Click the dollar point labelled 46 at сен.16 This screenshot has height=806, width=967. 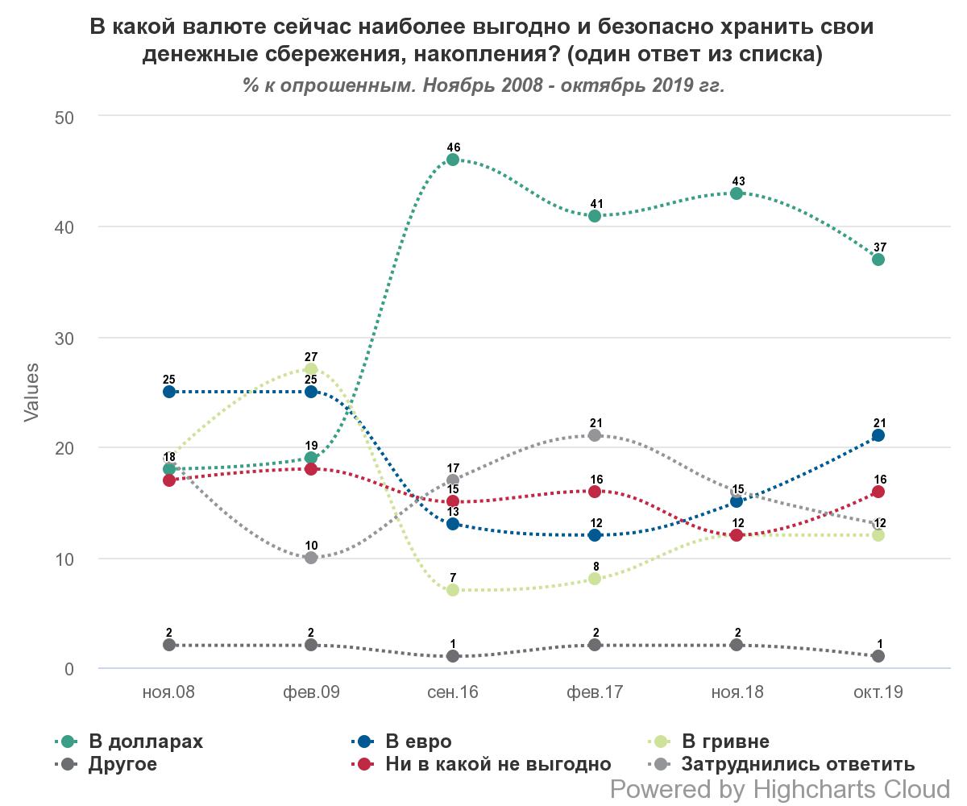(x=453, y=160)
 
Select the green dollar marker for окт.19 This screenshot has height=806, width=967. (x=878, y=260)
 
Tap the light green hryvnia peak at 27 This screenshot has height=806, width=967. (x=311, y=369)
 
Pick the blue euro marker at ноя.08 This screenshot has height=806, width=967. (x=169, y=392)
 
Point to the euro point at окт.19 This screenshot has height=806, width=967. (x=878, y=435)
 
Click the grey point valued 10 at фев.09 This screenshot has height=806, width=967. (x=311, y=558)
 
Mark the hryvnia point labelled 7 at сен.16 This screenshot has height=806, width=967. (x=453, y=590)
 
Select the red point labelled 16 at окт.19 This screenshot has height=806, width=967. (x=878, y=492)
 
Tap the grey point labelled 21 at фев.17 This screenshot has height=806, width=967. (x=595, y=435)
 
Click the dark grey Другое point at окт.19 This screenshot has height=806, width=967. (x=878, y=656)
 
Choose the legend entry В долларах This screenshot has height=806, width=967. (x=145, y=742)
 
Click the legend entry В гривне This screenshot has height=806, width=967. (x=725, y=742)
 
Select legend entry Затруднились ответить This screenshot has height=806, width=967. (x=798, y=764)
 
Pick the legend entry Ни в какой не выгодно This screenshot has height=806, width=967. (x=497, y=764)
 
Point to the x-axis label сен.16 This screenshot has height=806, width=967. (x=453, y=692)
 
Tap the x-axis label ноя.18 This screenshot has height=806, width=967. (x=737, y=692)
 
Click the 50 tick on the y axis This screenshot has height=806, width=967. (x=64, y=118)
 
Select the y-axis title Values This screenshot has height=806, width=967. (x=31, y=393)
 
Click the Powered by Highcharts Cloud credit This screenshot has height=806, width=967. (x=780, y=788)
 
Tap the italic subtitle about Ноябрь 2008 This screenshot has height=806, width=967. (x=483, y=85)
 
